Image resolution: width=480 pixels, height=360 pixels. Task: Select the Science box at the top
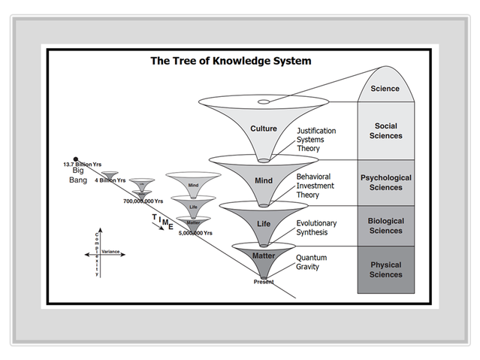click(385, 89)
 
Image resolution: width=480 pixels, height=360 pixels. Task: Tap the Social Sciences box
click(385, 131)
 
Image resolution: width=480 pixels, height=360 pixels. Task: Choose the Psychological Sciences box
click(385, 183)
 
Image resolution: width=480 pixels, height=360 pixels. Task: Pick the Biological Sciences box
click(385, 225)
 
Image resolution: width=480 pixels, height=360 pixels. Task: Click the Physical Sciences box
click(385, 269)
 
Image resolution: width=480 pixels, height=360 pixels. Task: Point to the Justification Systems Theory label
click(315, 139)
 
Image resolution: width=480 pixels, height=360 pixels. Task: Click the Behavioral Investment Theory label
click(313, 186)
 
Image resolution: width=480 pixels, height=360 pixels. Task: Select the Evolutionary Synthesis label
click(316, 228)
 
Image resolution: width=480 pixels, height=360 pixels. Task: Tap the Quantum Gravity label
click(311, 262)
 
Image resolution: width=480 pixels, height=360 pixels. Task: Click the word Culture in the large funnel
click(264, 129)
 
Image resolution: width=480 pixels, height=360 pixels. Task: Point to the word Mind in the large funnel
click(264, 180)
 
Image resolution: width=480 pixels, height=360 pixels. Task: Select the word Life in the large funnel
click(264, 224)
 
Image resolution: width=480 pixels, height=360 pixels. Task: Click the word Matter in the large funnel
click(264, 256)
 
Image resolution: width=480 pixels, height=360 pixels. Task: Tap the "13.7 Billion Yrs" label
click(83, 164)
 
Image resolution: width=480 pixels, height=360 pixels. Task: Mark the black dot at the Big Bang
click(76, 159)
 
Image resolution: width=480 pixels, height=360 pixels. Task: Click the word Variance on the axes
click(111, 252)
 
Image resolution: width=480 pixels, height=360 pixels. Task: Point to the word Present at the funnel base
click(264, 282)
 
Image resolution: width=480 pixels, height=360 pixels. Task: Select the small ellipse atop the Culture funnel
click(264, 101)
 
